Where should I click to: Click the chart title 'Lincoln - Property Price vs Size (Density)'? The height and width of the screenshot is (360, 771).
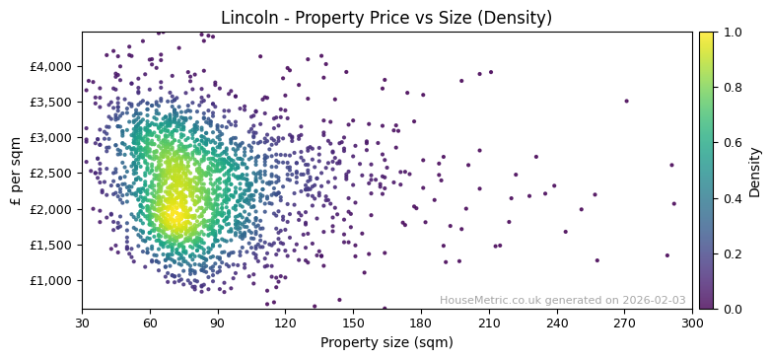[386, 18]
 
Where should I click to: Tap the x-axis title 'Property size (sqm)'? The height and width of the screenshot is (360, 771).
[386, 343]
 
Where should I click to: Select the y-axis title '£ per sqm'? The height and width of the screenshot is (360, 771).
[16, 171]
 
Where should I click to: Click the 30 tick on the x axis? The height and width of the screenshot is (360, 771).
[82, 323]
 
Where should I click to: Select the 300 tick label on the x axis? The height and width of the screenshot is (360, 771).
[692, 323]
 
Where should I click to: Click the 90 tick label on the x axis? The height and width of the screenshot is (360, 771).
[218, 323]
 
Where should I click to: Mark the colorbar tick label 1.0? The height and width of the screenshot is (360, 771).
[734, 33]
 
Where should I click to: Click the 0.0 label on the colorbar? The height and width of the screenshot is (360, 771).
[734, 309]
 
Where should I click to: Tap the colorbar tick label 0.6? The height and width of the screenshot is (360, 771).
[734, 143]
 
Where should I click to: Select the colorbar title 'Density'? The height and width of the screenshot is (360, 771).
[755, 171]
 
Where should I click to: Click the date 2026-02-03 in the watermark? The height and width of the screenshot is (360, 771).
[654, 301]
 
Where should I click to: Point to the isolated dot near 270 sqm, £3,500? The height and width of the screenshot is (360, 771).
[626, 101]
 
